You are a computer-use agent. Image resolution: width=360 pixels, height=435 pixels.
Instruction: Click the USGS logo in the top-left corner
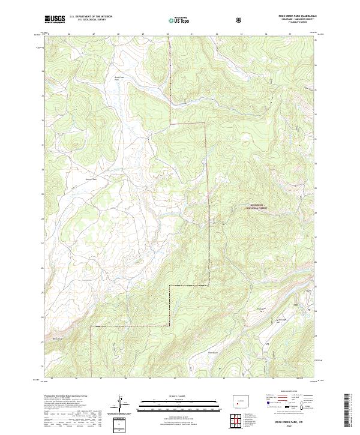[55, 19]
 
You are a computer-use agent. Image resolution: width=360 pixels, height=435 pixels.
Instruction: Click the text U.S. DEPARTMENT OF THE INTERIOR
[91, 17]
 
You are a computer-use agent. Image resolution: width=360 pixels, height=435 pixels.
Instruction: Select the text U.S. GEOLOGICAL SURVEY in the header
[91, 20]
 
